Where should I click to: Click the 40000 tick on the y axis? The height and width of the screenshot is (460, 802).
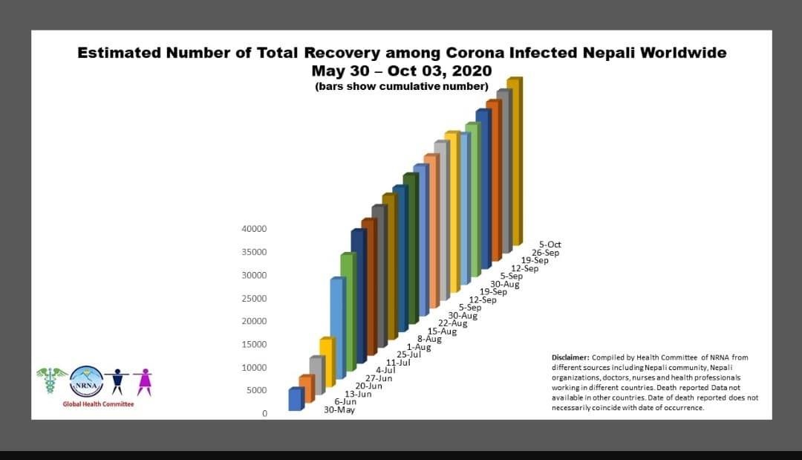tap(254, 229)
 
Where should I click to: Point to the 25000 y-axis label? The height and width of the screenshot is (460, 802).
tap(254, 299)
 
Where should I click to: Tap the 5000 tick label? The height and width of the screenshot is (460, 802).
tap(256, 391)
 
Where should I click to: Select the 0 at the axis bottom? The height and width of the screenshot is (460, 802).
tap(264, 414)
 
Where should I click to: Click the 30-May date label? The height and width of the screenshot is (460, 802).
tap(339, 410)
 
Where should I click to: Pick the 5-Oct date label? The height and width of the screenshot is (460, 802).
tap(550, 244)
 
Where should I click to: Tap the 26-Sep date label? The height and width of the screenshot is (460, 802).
tap(545, 253)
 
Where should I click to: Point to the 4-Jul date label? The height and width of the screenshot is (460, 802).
tap(385, 370)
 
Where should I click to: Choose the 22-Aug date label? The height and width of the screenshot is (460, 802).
tap(453, 323)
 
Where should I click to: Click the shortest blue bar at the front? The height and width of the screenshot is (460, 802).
tap(295, 399)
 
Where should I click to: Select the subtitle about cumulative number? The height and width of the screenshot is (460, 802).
tap(402, 87)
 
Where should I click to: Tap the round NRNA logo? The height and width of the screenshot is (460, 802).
tap(85, 382)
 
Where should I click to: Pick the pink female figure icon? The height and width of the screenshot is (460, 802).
tap(143, 381)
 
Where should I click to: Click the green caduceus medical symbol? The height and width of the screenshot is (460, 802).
tap(51, 381)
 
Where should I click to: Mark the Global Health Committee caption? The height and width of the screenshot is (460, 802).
tap(98, 404)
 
